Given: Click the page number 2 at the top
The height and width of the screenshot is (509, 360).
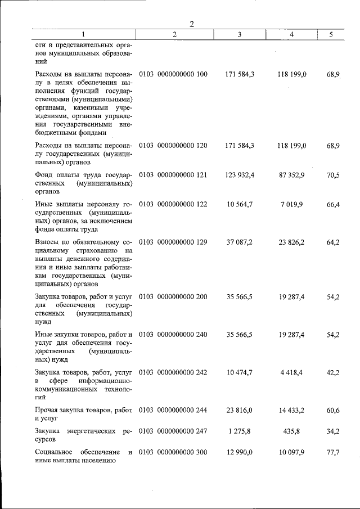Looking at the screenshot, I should coord(192,24).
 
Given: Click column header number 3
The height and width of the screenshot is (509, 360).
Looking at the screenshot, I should coord(240,35).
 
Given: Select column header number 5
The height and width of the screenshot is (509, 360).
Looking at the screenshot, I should coord(331,35).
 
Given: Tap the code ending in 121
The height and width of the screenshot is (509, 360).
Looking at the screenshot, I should coord(173,175).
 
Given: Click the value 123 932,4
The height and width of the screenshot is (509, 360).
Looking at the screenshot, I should coord(240,175).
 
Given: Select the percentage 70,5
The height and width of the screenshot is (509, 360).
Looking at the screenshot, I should coord(333,175).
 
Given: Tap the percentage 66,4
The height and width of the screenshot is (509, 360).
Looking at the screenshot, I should coord(333,204).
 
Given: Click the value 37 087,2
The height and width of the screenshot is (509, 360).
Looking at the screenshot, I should coord(240,242).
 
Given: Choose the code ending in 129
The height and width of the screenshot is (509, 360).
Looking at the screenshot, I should coord(173,242).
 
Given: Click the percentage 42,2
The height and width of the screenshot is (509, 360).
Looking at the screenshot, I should coord(333,372).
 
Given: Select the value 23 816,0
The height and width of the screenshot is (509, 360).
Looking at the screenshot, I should coord(240,411).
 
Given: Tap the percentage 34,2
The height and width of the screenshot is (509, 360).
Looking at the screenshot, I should coord(333,431).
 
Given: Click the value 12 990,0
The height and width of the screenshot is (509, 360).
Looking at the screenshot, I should coord(240,452).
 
